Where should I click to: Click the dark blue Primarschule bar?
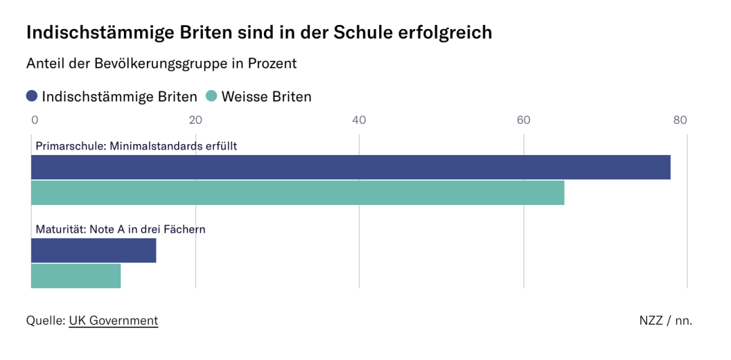point(351,167)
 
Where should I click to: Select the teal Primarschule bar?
point(298,193)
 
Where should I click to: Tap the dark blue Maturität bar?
point(93,250)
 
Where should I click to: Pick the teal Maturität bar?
point(76,275)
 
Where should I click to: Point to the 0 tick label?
point(35,120)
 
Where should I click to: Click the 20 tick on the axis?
point(196,120)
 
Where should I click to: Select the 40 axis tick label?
point(359,120)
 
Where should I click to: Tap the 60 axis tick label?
point(523,120)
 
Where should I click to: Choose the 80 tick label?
point(680,120)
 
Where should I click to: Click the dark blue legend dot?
point(32,96)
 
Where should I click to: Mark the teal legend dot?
point(211,96)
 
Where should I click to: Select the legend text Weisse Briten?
point(267,97)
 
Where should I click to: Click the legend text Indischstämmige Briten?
point(120,97)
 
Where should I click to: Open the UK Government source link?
point(113,321)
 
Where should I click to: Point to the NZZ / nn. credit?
point(665,321)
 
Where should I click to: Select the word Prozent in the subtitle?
point(274,64)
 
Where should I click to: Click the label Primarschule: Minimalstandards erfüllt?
point(136,145)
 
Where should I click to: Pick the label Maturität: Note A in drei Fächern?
point(120,229)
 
